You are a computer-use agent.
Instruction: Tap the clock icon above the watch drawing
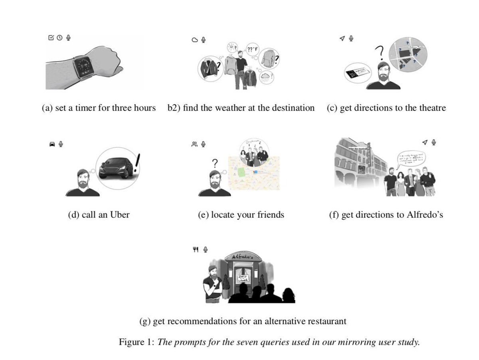(59, 38)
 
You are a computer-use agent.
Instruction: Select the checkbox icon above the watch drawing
(51, 38)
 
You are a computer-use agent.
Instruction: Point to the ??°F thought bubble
(253, 50)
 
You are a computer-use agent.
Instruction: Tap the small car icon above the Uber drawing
(52, 144)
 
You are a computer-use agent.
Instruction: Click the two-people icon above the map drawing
(194, 144)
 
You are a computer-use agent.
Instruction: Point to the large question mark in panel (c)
(380, 52)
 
